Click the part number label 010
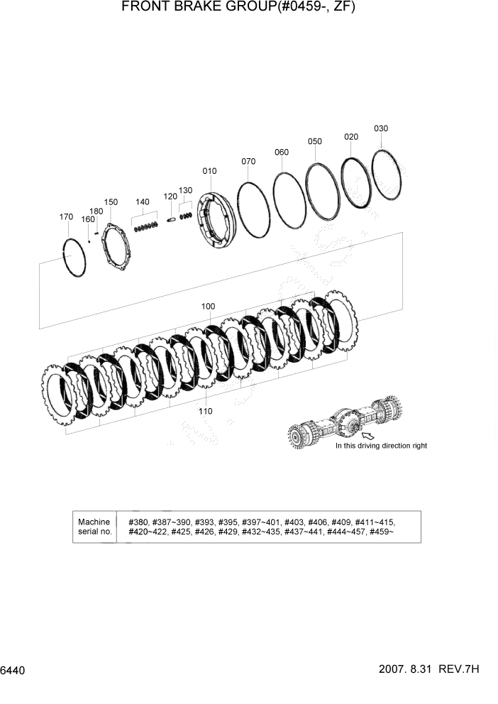click(209, 171)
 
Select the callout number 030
click(381, 128)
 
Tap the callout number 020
click(351, 136)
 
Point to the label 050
click(315, 141)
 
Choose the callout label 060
click(282, 152)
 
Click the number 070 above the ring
click(248, 161)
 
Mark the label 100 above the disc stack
click(208, 307)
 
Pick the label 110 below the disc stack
click(205, 411)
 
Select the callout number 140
click(143, 202)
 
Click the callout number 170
click(66, 216)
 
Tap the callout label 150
click(111, 202)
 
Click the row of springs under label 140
click(145, 227)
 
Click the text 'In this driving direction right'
click(381, 446)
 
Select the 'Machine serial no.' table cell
click(95, 527)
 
